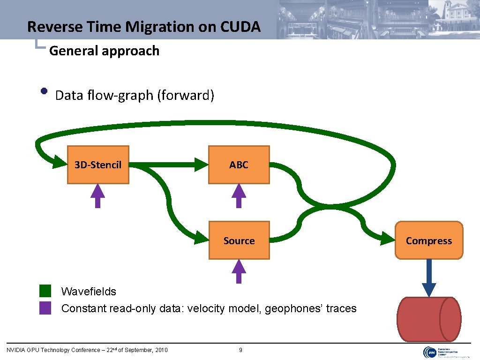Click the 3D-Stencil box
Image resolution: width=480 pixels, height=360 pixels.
click(x=98, y=165)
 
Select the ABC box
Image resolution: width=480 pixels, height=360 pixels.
click(x=239, y=165)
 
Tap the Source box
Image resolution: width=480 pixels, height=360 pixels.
click(x=239, y=240)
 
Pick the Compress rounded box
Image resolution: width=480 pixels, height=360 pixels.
click(x=428, y=240)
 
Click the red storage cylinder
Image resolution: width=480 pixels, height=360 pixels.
click(x=428, y=319)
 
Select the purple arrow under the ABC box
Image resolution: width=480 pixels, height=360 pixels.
click(x=239, y=195)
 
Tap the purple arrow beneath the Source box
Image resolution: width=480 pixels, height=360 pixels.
click(x=239, y=271)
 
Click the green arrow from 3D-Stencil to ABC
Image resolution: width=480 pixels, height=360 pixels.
click(x=169, y=165)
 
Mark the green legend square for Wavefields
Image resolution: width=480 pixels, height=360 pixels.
click(x=45, y=291)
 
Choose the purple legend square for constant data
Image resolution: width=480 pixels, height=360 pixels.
click(x=45, y=308)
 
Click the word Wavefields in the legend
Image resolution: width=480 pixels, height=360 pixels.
click(x=89, y=291)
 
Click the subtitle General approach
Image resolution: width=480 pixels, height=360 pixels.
click(x=104, y=51)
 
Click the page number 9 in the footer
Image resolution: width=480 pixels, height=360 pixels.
click(x=240, y=350)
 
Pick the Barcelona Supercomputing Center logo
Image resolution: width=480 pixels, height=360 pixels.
click(x=446, y=352)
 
